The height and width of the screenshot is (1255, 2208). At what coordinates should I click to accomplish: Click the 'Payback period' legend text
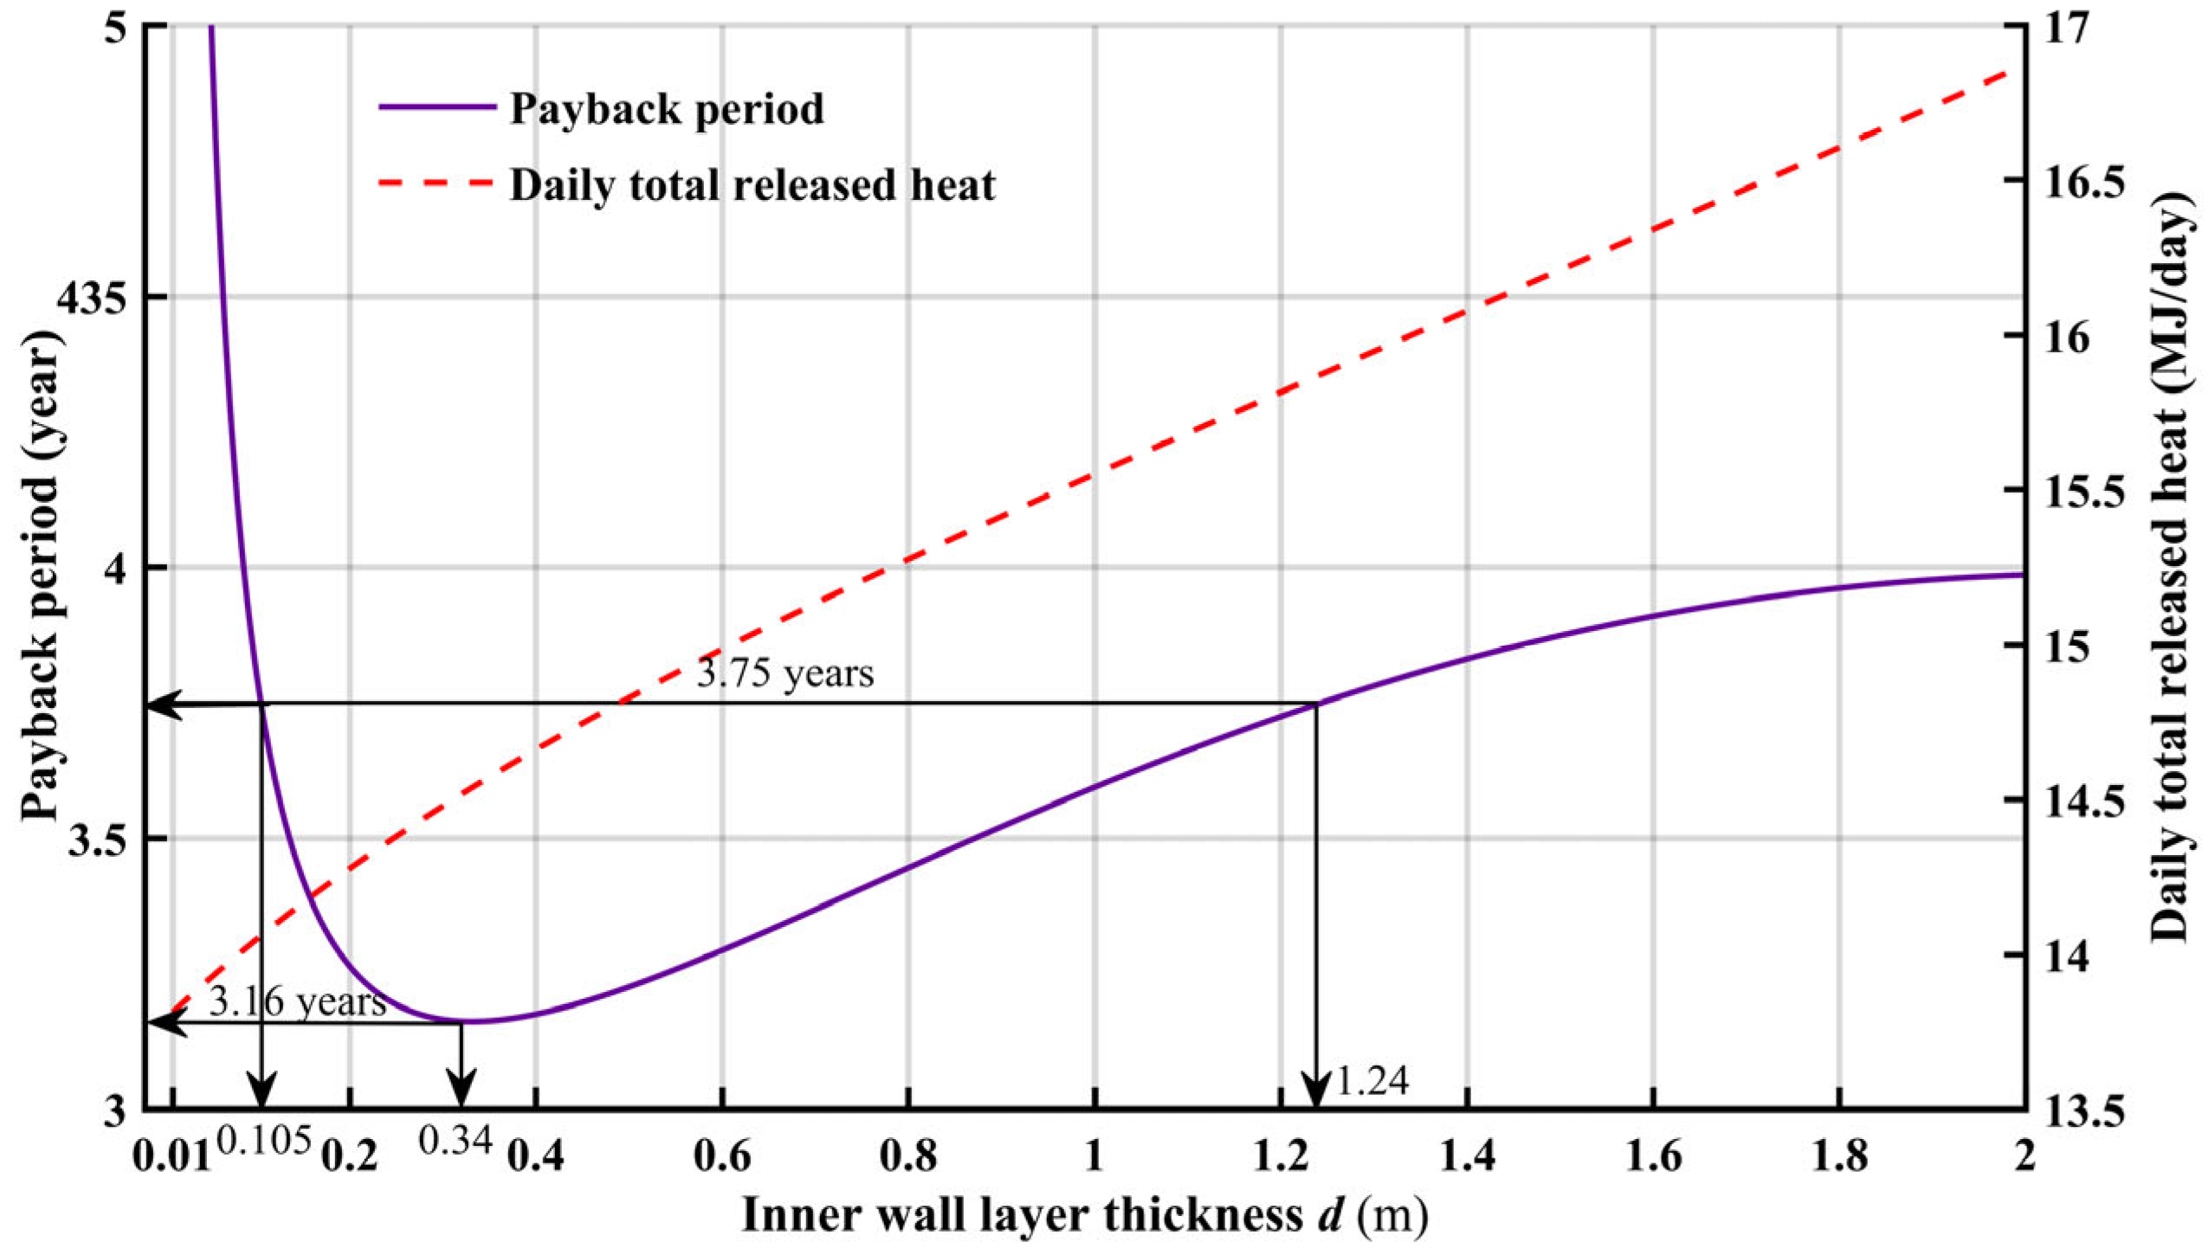667,110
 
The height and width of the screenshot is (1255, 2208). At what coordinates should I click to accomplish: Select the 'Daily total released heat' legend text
752,185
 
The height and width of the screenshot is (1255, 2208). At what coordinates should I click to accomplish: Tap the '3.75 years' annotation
785,673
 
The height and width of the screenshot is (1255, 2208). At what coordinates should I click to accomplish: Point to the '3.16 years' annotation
298,1001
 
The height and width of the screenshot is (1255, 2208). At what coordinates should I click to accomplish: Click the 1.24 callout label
1373,1080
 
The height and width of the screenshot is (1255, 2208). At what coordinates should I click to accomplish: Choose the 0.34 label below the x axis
456,1142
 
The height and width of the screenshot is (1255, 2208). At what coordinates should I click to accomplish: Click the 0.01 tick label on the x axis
171,1157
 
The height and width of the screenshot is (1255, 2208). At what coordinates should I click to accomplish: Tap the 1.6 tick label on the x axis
1654,1157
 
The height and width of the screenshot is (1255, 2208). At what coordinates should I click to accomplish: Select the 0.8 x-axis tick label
908,1157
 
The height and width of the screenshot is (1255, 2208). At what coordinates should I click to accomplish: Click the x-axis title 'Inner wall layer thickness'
1023,1216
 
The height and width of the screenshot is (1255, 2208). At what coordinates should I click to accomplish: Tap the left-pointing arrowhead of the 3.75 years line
165,705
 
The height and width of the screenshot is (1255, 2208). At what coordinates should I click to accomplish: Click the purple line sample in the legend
437,106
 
